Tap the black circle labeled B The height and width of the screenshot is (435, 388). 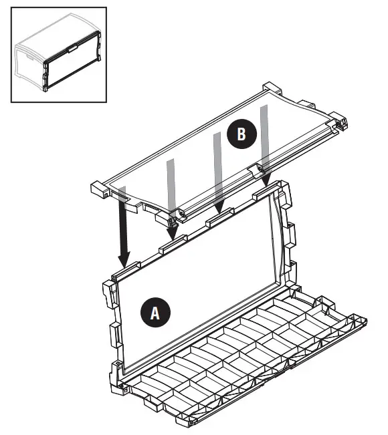click(240, 134)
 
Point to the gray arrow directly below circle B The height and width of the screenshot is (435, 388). click(217, 174)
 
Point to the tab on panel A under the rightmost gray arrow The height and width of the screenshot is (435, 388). click(265, 194)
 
